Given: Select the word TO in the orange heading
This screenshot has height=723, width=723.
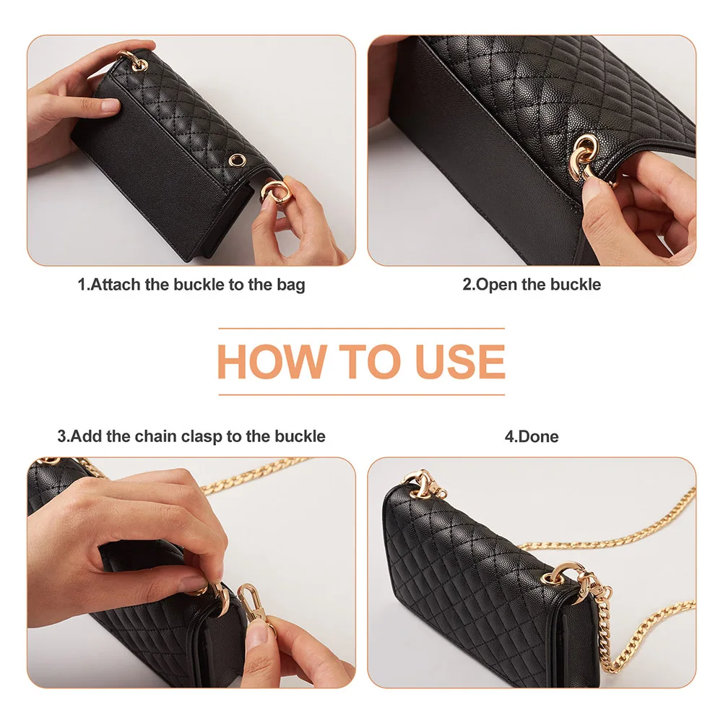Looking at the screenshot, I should (362, 363).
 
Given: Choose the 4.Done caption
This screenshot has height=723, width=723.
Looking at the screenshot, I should (532, 436).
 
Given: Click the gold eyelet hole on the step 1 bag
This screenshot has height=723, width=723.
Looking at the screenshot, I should (235, 160).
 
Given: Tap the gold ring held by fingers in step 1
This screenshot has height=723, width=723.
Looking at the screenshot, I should (274, 194).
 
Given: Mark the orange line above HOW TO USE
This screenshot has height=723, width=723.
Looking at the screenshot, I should (361, 329).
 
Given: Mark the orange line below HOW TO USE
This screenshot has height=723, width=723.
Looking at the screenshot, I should (361, 394).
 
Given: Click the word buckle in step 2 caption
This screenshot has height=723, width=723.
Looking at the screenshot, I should (575, 285).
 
